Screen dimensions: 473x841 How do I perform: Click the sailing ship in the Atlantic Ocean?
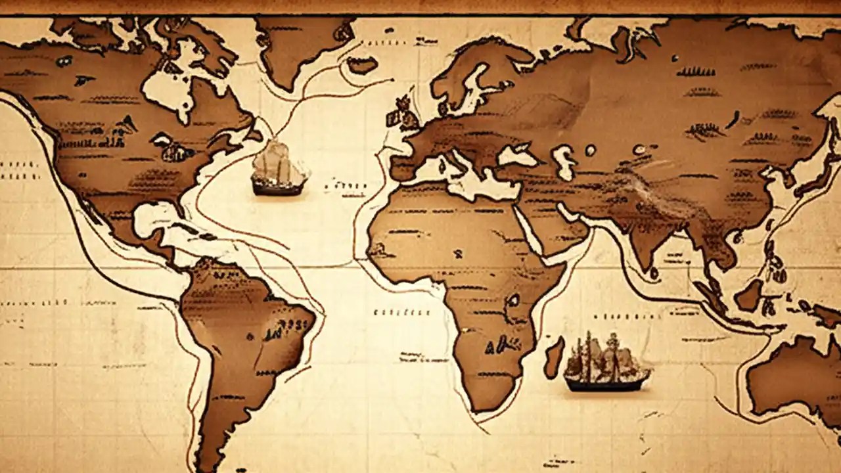(279, 168)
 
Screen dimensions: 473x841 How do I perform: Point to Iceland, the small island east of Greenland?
(362, 64)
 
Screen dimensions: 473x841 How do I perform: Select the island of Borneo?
(749, 295)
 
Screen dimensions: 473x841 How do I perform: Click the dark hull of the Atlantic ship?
(279, 188)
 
